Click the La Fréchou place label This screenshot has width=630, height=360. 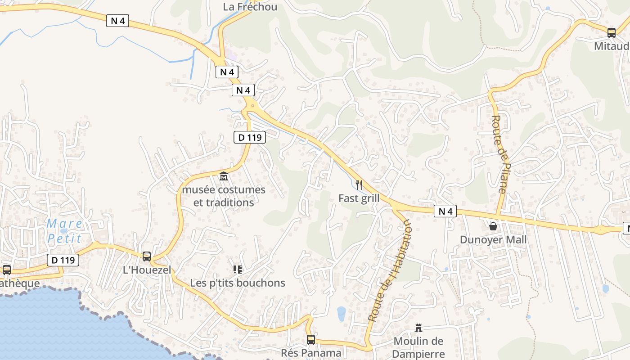250,7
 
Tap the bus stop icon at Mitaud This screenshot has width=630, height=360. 611,33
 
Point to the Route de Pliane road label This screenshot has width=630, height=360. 499,154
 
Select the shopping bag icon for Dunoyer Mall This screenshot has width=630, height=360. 493,226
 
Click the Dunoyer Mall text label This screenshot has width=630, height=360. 493,240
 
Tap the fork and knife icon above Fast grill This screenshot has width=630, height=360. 359,184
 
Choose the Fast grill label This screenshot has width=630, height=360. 359,198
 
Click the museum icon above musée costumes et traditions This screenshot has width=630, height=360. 224,176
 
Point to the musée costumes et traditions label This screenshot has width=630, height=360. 224,196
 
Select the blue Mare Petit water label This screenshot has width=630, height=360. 65,231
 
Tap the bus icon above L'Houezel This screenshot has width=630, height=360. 147,256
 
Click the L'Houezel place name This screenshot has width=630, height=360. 147,270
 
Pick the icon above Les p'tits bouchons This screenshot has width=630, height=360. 238,270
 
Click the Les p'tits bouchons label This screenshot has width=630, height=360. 238,283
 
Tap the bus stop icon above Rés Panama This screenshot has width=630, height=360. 311,339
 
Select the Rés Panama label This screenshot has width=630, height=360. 311,353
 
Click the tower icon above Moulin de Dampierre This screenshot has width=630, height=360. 418,327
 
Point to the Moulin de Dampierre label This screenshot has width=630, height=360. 418,348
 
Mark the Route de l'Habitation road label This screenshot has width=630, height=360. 390,270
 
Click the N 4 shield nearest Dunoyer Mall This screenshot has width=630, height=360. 445,211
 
